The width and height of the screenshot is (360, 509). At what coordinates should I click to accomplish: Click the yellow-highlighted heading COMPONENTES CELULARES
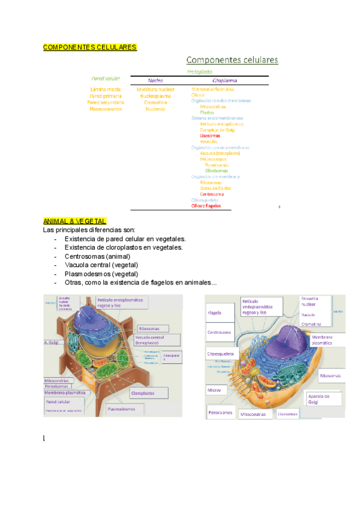(90, 47)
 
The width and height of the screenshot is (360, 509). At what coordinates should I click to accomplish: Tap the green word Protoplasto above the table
(200, 71)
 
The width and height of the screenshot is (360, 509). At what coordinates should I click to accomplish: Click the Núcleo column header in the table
(155, 80)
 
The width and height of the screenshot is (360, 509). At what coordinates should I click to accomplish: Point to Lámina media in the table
(105, 89)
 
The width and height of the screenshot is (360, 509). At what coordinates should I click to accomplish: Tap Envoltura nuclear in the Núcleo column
(155, 89)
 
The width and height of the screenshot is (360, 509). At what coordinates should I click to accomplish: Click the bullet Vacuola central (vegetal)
(101, 265)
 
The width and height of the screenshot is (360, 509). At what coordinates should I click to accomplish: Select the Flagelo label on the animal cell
(215, 313)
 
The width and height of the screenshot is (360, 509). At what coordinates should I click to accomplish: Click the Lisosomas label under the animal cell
(287, 414)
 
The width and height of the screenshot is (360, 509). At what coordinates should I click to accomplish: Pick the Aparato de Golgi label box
(324, 399)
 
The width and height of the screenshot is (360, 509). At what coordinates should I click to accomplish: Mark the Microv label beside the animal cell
(215, 390)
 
